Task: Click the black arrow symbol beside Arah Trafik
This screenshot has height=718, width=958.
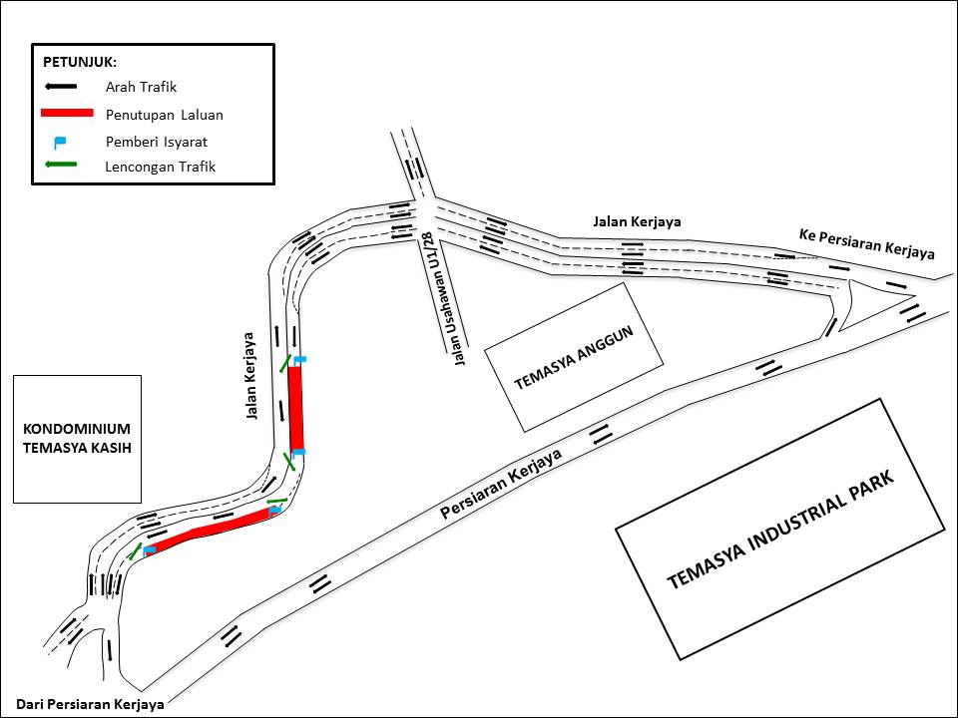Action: tap(61, 87)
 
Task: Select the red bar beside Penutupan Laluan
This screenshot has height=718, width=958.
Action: tap(67, 113)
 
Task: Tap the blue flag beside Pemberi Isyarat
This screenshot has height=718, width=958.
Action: tap(60, 141)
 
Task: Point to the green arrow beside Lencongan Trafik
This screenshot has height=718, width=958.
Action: tap(61, 166)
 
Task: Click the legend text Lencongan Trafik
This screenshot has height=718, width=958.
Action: tap(160, 167)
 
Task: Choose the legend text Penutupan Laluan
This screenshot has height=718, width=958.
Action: tap(164, 115)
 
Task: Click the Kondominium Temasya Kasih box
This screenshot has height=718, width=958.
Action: tap(77, 439)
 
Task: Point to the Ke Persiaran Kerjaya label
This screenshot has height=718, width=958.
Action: tap(866, 243)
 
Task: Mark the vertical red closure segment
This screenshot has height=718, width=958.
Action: tap(296, 410)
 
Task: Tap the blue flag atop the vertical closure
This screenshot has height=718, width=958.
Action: tap(299, 359)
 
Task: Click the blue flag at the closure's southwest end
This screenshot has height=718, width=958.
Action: tap(149, 550)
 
